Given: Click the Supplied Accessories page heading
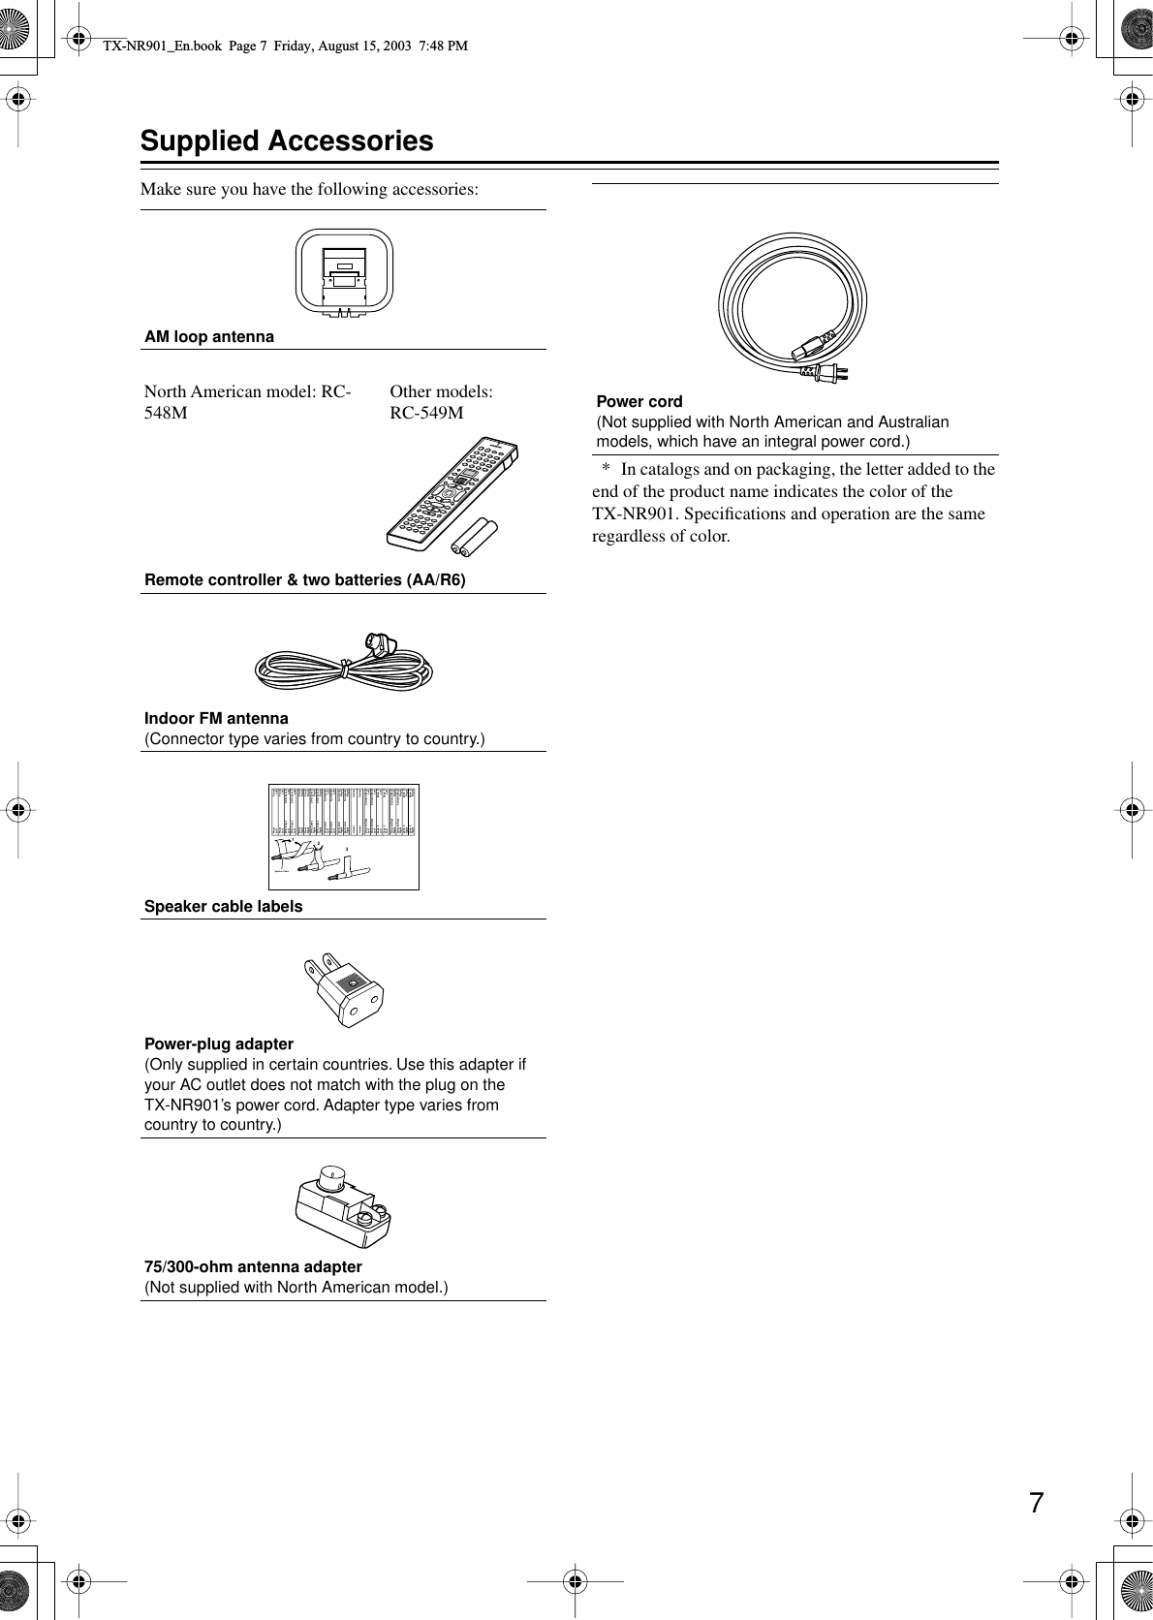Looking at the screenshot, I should [287, 141].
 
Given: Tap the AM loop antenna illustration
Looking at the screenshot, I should [344, 273].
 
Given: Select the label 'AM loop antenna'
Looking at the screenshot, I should [209, 337].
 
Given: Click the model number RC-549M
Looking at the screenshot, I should [426, 414].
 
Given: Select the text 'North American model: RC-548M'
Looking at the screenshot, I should [247, 402].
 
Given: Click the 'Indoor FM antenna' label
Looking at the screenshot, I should [216, 719].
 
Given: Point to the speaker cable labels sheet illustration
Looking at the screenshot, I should [343, 835].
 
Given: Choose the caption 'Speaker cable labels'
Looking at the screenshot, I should [223, 907].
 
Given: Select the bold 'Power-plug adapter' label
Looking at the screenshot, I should [219, 1044].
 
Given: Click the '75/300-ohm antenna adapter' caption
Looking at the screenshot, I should [253, 1267].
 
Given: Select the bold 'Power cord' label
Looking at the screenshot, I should [639, 401].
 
